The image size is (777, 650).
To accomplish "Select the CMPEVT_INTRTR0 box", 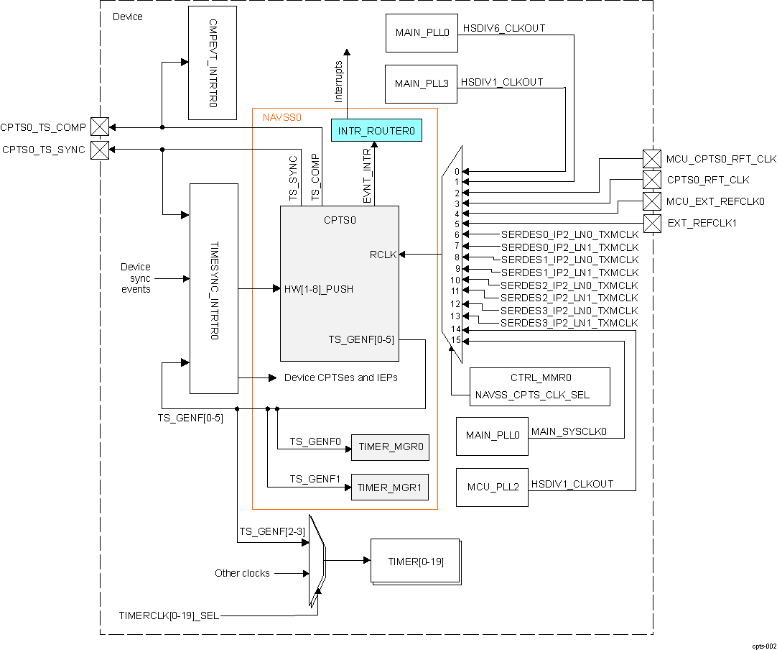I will tap(212, 63).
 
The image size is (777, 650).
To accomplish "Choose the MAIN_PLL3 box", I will tap(422, 84).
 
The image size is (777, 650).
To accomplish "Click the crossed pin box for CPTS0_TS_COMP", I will tap(100, 127).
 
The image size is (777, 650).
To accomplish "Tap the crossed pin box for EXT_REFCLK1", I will tap(651, 223).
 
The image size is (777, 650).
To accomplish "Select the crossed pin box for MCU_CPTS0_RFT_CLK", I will tap(651, 159).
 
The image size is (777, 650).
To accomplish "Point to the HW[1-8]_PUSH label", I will tap(318, 289).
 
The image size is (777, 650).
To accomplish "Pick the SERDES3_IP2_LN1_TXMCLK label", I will tap(569, 323).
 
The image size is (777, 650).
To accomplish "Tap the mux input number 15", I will tap(455, 339).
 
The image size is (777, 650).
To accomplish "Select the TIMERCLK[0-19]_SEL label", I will tap(169, 616).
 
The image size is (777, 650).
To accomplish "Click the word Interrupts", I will tap(339, 81).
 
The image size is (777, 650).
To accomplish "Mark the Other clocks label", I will tap(242, 573).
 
